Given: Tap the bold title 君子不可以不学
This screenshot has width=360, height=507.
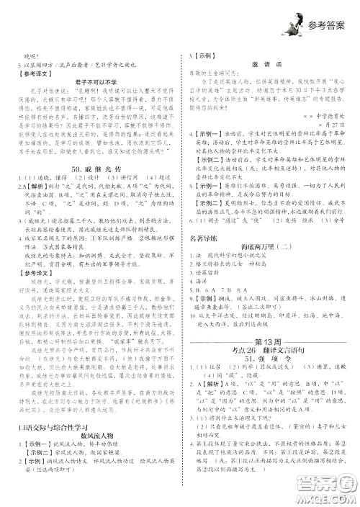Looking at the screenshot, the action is (92, 82).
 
